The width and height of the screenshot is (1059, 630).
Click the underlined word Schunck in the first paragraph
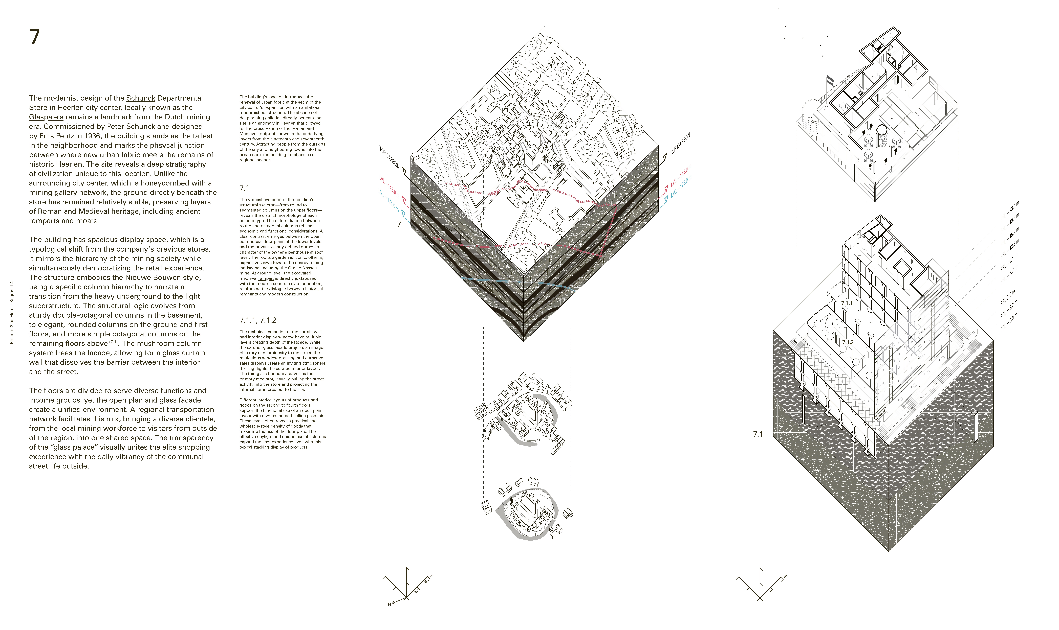(x=141, y=98)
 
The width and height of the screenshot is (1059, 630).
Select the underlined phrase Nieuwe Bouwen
(x=153, y=278)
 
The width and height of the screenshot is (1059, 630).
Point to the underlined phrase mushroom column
(x=169, y=343)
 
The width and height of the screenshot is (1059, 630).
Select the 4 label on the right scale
(x=771, y=590)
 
